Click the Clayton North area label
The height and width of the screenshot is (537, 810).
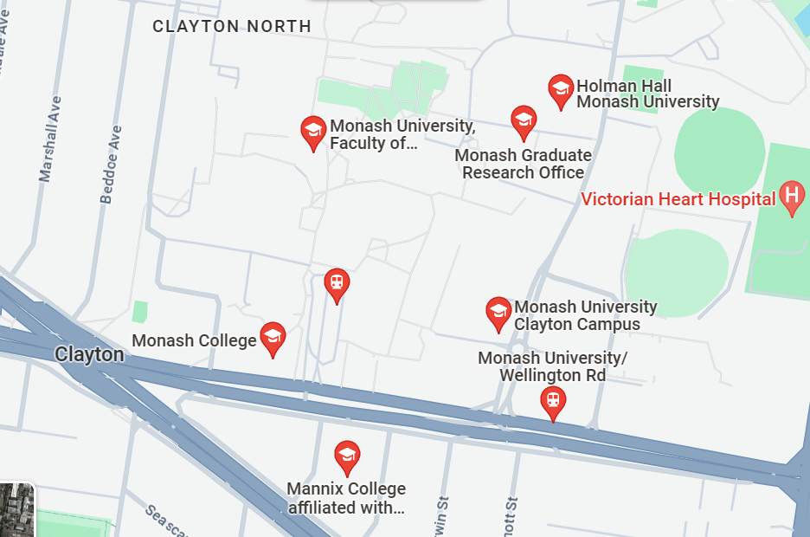coord(232,26)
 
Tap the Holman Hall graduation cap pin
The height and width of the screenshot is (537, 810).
coord(561,90)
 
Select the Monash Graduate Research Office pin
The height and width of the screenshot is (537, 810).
coord(523,122)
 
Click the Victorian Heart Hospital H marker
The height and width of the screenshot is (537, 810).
coord(791,198)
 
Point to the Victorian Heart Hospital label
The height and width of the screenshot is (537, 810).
coord(678,199)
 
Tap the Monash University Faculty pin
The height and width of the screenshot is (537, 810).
coord(313,133)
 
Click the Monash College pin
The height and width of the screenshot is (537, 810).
coord(273,339)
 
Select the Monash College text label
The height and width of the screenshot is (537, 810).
coord(194,340)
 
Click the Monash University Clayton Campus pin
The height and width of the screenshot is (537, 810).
coord(498,314)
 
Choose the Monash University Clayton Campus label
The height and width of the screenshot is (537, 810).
coord(585,315)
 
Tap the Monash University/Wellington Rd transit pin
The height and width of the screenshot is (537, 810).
coord(552,402)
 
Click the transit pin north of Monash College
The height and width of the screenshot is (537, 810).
coord(337,284)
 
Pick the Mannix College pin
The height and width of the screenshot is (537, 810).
coord(347,456)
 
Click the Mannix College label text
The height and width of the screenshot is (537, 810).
coord(346,498)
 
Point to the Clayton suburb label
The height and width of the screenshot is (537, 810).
coord(89,354)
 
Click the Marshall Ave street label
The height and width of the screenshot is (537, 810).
coord(51,139)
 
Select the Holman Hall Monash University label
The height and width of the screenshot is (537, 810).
coord(647,94)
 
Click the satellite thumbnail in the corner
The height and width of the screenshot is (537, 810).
coord(16,510)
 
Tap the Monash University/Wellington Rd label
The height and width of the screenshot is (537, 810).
coord(552,366)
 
